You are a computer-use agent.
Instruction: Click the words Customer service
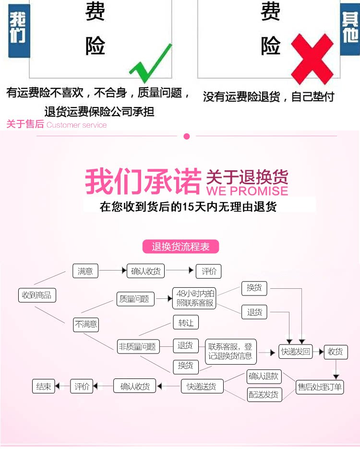(x=77, y=125)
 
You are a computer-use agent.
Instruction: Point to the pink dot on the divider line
(x=187, y=136)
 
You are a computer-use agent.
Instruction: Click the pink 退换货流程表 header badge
(x=181, y=247)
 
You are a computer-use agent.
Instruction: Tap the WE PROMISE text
(x=247, y=190)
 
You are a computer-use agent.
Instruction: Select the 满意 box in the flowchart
(x=85, y=271)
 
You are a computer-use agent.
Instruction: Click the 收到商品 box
(x=36, y=295)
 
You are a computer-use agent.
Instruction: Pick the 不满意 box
(x=86, y=324)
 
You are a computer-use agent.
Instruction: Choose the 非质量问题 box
(x=138, y=346)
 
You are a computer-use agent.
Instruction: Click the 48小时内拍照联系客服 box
(x=195, y=298)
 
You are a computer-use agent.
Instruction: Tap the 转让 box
(x=186, y=323)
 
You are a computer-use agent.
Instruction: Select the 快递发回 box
(x=296, y=351)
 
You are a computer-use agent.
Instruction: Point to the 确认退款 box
(x=264, y=376)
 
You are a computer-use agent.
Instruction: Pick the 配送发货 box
(x=264, y=395)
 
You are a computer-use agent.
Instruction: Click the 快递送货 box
(x=202, y=386)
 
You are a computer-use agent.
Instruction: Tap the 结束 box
(x=44, y=386)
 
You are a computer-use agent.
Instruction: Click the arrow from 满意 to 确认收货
(x=112, y=271)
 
